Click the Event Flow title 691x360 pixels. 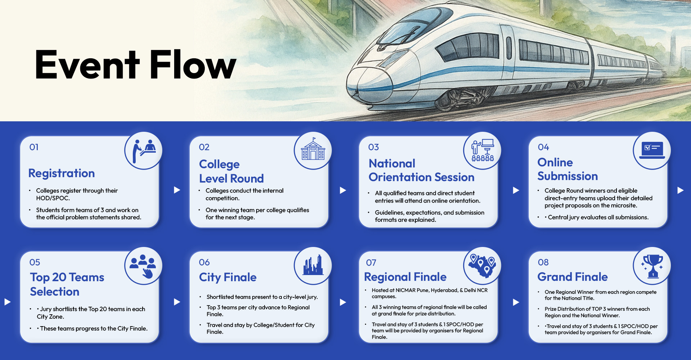tap(136, 64)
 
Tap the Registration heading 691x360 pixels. tap(62, 173)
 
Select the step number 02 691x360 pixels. tap(204, 147)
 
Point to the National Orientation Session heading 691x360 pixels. tap(421, 170)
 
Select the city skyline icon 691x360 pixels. tap(313, 265)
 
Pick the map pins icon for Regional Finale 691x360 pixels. tap(482, 266)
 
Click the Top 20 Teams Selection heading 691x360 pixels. tap(67, 284)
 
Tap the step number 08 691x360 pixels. tap(543, 262)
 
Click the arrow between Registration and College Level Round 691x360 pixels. tap(177, 190)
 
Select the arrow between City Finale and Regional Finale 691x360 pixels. tap(343, 302)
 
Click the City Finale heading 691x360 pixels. tap(228, 277)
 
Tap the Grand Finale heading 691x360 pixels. tap(573, 277)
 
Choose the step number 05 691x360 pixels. tap(35, 262)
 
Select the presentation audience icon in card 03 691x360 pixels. tap(483, 150)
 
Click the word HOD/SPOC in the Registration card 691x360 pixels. tap(53, 198)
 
